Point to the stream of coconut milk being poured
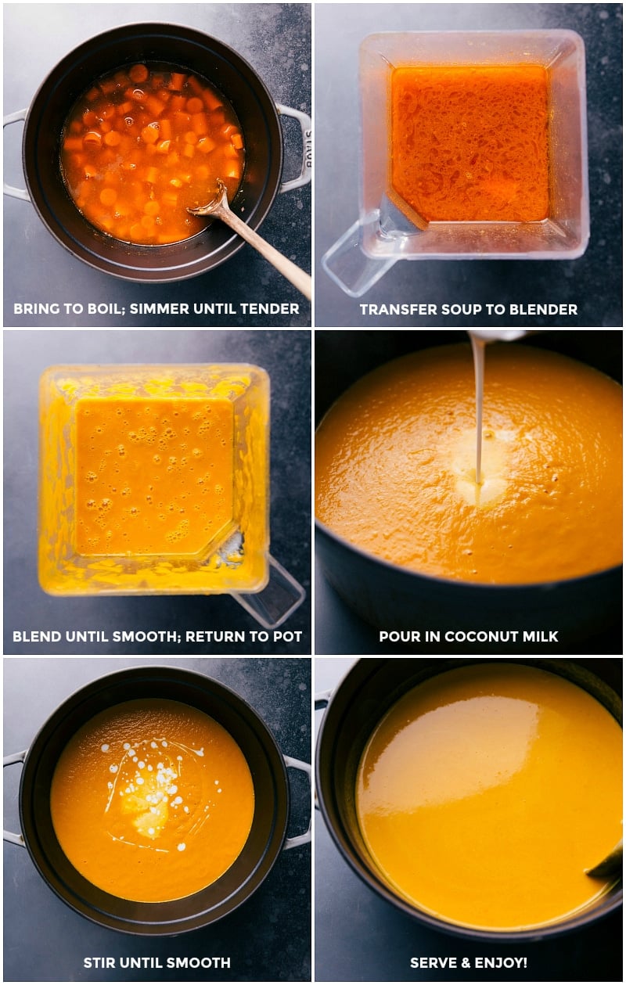[x=477, y=407]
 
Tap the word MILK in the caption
[x=540, y=636]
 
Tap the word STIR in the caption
[x=101, y=963]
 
